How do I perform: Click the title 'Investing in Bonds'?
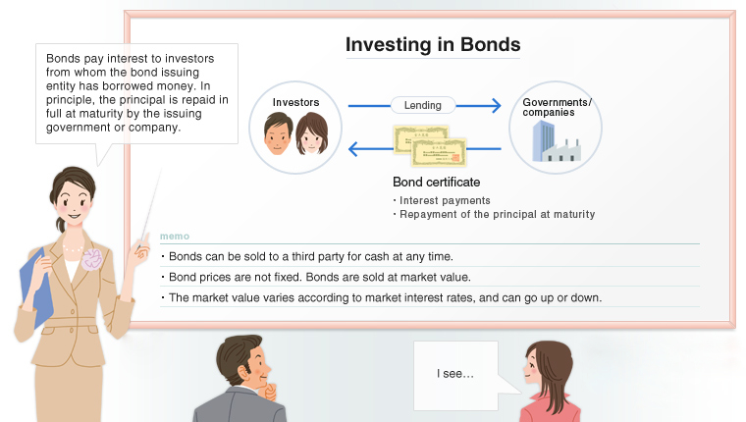tap(432, 45)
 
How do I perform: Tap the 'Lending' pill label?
tap(423, 105)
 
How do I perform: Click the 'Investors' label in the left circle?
tap(295, 102)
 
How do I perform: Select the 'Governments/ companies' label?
tap(557, 107)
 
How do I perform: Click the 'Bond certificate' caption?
tap(436, 183)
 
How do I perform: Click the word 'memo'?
tap(175, 236)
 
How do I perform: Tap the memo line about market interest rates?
tap(381, 297)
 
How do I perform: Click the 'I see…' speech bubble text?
tap(455, 374)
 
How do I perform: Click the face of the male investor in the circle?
tap(279, 133)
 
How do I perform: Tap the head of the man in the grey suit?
tap(240, 359)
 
